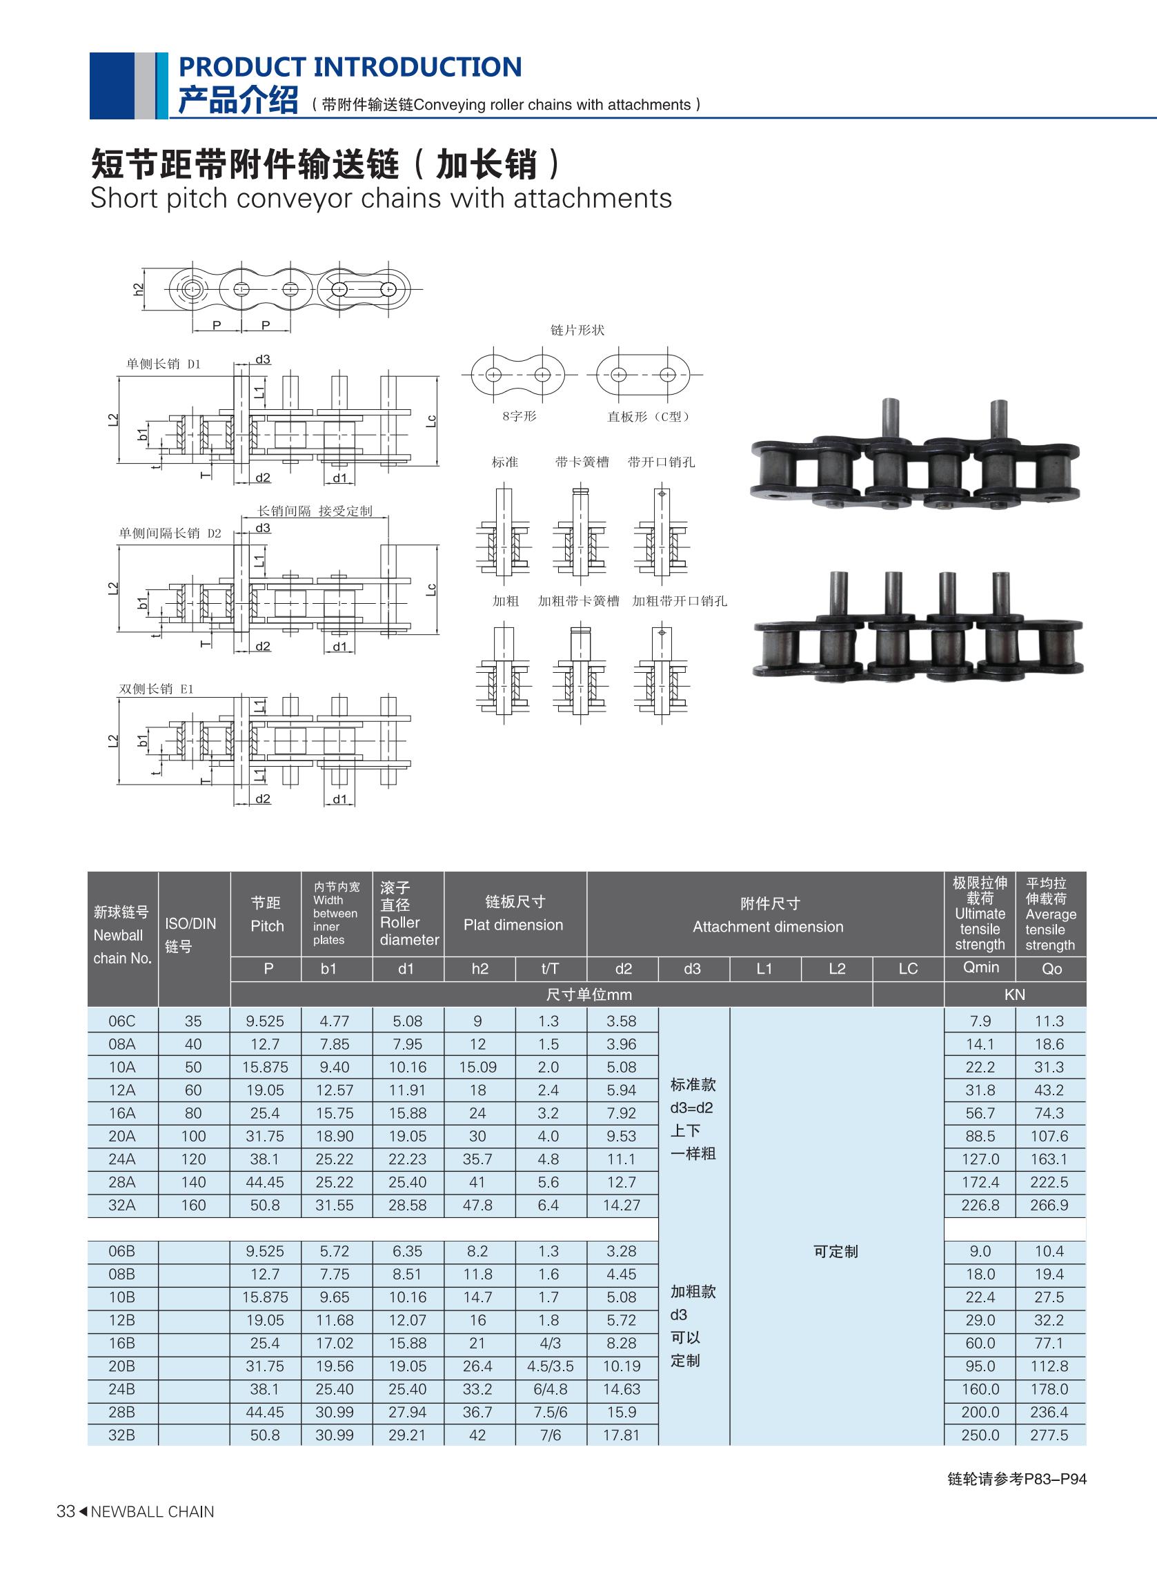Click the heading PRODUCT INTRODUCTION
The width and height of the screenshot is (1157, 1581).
350,67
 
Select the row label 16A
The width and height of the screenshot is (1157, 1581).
122,1113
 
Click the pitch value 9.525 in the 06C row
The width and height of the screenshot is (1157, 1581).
266,1021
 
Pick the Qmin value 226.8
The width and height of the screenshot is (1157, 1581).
980,1205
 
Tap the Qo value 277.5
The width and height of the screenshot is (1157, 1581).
1049,1435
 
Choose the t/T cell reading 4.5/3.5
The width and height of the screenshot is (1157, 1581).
550,1366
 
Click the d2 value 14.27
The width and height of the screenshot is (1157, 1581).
622,1205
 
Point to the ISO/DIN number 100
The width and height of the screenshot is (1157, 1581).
193,1136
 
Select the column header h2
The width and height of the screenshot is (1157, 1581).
479,969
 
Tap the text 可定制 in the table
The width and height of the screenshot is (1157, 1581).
835,1251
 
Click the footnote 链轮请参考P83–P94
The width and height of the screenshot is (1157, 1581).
1017,1479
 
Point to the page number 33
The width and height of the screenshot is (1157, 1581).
65,1512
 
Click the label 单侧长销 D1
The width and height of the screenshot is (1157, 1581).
164,364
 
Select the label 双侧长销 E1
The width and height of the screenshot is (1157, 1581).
156,689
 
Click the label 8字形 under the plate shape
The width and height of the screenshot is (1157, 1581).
519,416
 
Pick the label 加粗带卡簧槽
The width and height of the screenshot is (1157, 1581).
578,601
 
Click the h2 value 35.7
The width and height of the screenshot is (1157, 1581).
477,1159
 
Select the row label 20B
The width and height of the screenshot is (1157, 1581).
122,1366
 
